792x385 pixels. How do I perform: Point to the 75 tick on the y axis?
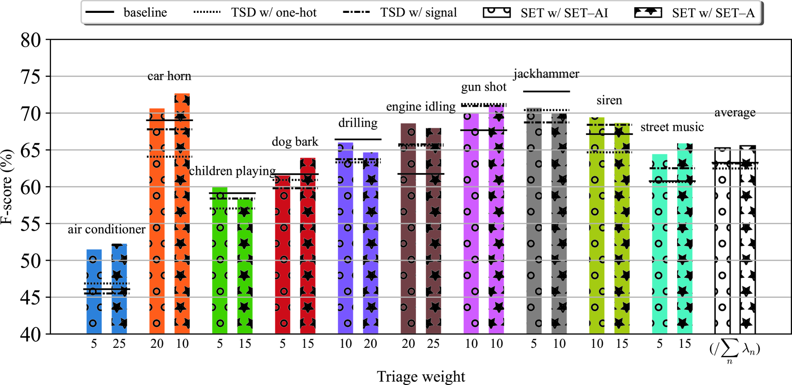30,77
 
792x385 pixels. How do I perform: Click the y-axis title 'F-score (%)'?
7,187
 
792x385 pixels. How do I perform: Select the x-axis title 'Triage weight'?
421,376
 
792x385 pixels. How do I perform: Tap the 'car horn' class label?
169,76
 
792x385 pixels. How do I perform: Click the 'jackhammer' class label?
546,74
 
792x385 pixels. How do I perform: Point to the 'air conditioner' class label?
106,229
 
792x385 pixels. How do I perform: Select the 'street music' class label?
672,127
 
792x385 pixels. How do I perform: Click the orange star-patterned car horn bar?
182,214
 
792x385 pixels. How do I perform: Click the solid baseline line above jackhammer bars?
546,91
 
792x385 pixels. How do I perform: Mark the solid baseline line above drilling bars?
358,140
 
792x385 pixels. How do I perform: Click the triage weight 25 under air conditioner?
119,344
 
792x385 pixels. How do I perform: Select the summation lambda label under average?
734,351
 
